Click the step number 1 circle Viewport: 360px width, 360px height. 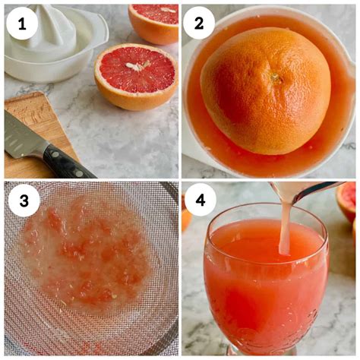click(22, 24)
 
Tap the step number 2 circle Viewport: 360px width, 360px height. click(199, 24)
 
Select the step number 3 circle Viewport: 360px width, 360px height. click(24, 201)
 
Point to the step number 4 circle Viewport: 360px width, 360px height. click(201, 201)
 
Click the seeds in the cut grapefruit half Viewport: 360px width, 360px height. click(138, 66)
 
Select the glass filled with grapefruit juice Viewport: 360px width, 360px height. click(266, 279)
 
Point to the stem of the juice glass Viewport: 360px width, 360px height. click(264, 351)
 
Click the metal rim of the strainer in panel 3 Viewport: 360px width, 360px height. click(170, 192)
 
